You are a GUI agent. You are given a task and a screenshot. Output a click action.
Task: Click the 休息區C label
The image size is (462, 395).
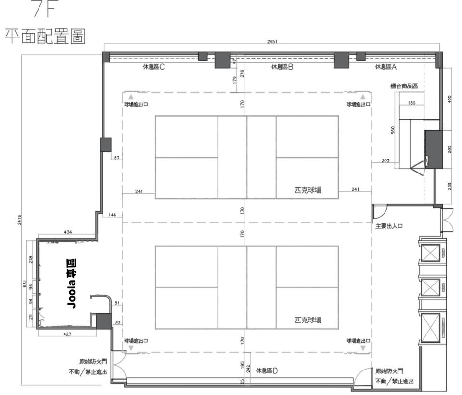point(154,67)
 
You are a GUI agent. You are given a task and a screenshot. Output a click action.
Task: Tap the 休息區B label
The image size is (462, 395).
point(282,67)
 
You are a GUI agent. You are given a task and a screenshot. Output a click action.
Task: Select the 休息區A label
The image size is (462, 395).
point(385,67)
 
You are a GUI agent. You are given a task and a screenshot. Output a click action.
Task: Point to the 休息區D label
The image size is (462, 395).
point(267,371)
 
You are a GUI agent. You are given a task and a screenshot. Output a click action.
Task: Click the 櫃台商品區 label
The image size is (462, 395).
point(404,86)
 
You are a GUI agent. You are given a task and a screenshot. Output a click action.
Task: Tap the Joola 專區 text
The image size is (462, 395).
point(72,284)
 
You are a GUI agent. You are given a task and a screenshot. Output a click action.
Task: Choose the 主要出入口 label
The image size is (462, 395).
point(389,226)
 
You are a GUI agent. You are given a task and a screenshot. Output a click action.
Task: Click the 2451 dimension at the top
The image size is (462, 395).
point(272,41)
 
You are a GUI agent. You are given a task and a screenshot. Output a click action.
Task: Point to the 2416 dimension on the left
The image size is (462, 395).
point(19,220)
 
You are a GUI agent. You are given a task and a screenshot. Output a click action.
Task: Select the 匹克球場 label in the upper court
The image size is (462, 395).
point(308,190)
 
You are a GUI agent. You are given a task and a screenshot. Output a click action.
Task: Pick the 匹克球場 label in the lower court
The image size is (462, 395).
point(308,320)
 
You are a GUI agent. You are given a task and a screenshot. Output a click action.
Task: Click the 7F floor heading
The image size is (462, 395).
point(44,9)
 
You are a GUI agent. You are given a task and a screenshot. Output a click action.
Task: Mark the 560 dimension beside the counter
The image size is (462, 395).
point(393,130)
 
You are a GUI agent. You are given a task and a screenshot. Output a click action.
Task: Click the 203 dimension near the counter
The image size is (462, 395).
point(385,160)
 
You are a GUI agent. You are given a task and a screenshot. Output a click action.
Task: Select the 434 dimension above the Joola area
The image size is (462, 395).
point(68,232)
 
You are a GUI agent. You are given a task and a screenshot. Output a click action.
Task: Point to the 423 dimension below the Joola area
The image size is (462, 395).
point(67,334)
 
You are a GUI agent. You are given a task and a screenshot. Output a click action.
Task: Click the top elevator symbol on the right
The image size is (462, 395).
point(430,253)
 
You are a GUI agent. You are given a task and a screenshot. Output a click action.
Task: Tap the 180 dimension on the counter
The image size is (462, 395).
point(411,103)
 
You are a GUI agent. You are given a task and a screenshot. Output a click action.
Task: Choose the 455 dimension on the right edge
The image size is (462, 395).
point(449,99)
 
